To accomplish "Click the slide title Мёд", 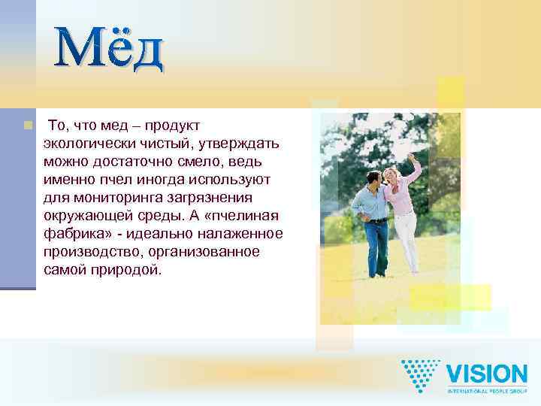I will (x=110, y=49).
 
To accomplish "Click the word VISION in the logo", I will (x=486, y=374).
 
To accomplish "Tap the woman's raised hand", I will (x=410, y=157).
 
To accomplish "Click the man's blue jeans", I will (x=378, y=244).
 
